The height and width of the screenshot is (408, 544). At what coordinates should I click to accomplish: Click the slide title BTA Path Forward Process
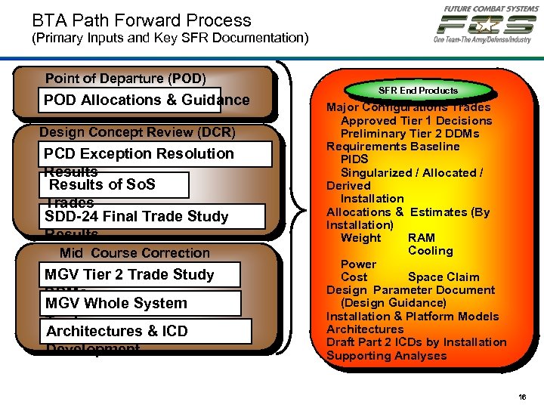point(141,20)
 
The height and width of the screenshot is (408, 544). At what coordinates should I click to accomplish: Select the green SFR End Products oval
point(418,91)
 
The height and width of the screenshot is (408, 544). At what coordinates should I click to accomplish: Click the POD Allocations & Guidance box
point(145,100)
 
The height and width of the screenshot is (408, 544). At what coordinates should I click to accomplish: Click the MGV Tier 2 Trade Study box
point(139,274)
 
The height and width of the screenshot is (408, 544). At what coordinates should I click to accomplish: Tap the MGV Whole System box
point(139,303)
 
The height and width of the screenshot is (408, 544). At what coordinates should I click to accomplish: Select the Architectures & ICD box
point(139,331)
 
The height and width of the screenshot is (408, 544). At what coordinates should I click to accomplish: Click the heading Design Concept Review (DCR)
point(138,132)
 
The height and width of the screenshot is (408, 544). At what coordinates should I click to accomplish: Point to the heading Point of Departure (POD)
point(125,79)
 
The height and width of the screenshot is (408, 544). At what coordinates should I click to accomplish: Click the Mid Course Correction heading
point(134,253)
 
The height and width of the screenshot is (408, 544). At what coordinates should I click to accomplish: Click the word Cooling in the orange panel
point(430,251)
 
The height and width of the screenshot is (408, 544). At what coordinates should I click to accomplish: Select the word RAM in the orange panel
point(421,238)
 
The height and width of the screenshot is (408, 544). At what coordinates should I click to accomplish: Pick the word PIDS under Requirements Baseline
point(354,159)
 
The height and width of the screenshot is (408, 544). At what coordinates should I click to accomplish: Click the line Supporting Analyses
point(386,356)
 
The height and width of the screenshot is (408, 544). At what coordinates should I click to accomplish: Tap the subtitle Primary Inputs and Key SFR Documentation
point(170,37)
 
